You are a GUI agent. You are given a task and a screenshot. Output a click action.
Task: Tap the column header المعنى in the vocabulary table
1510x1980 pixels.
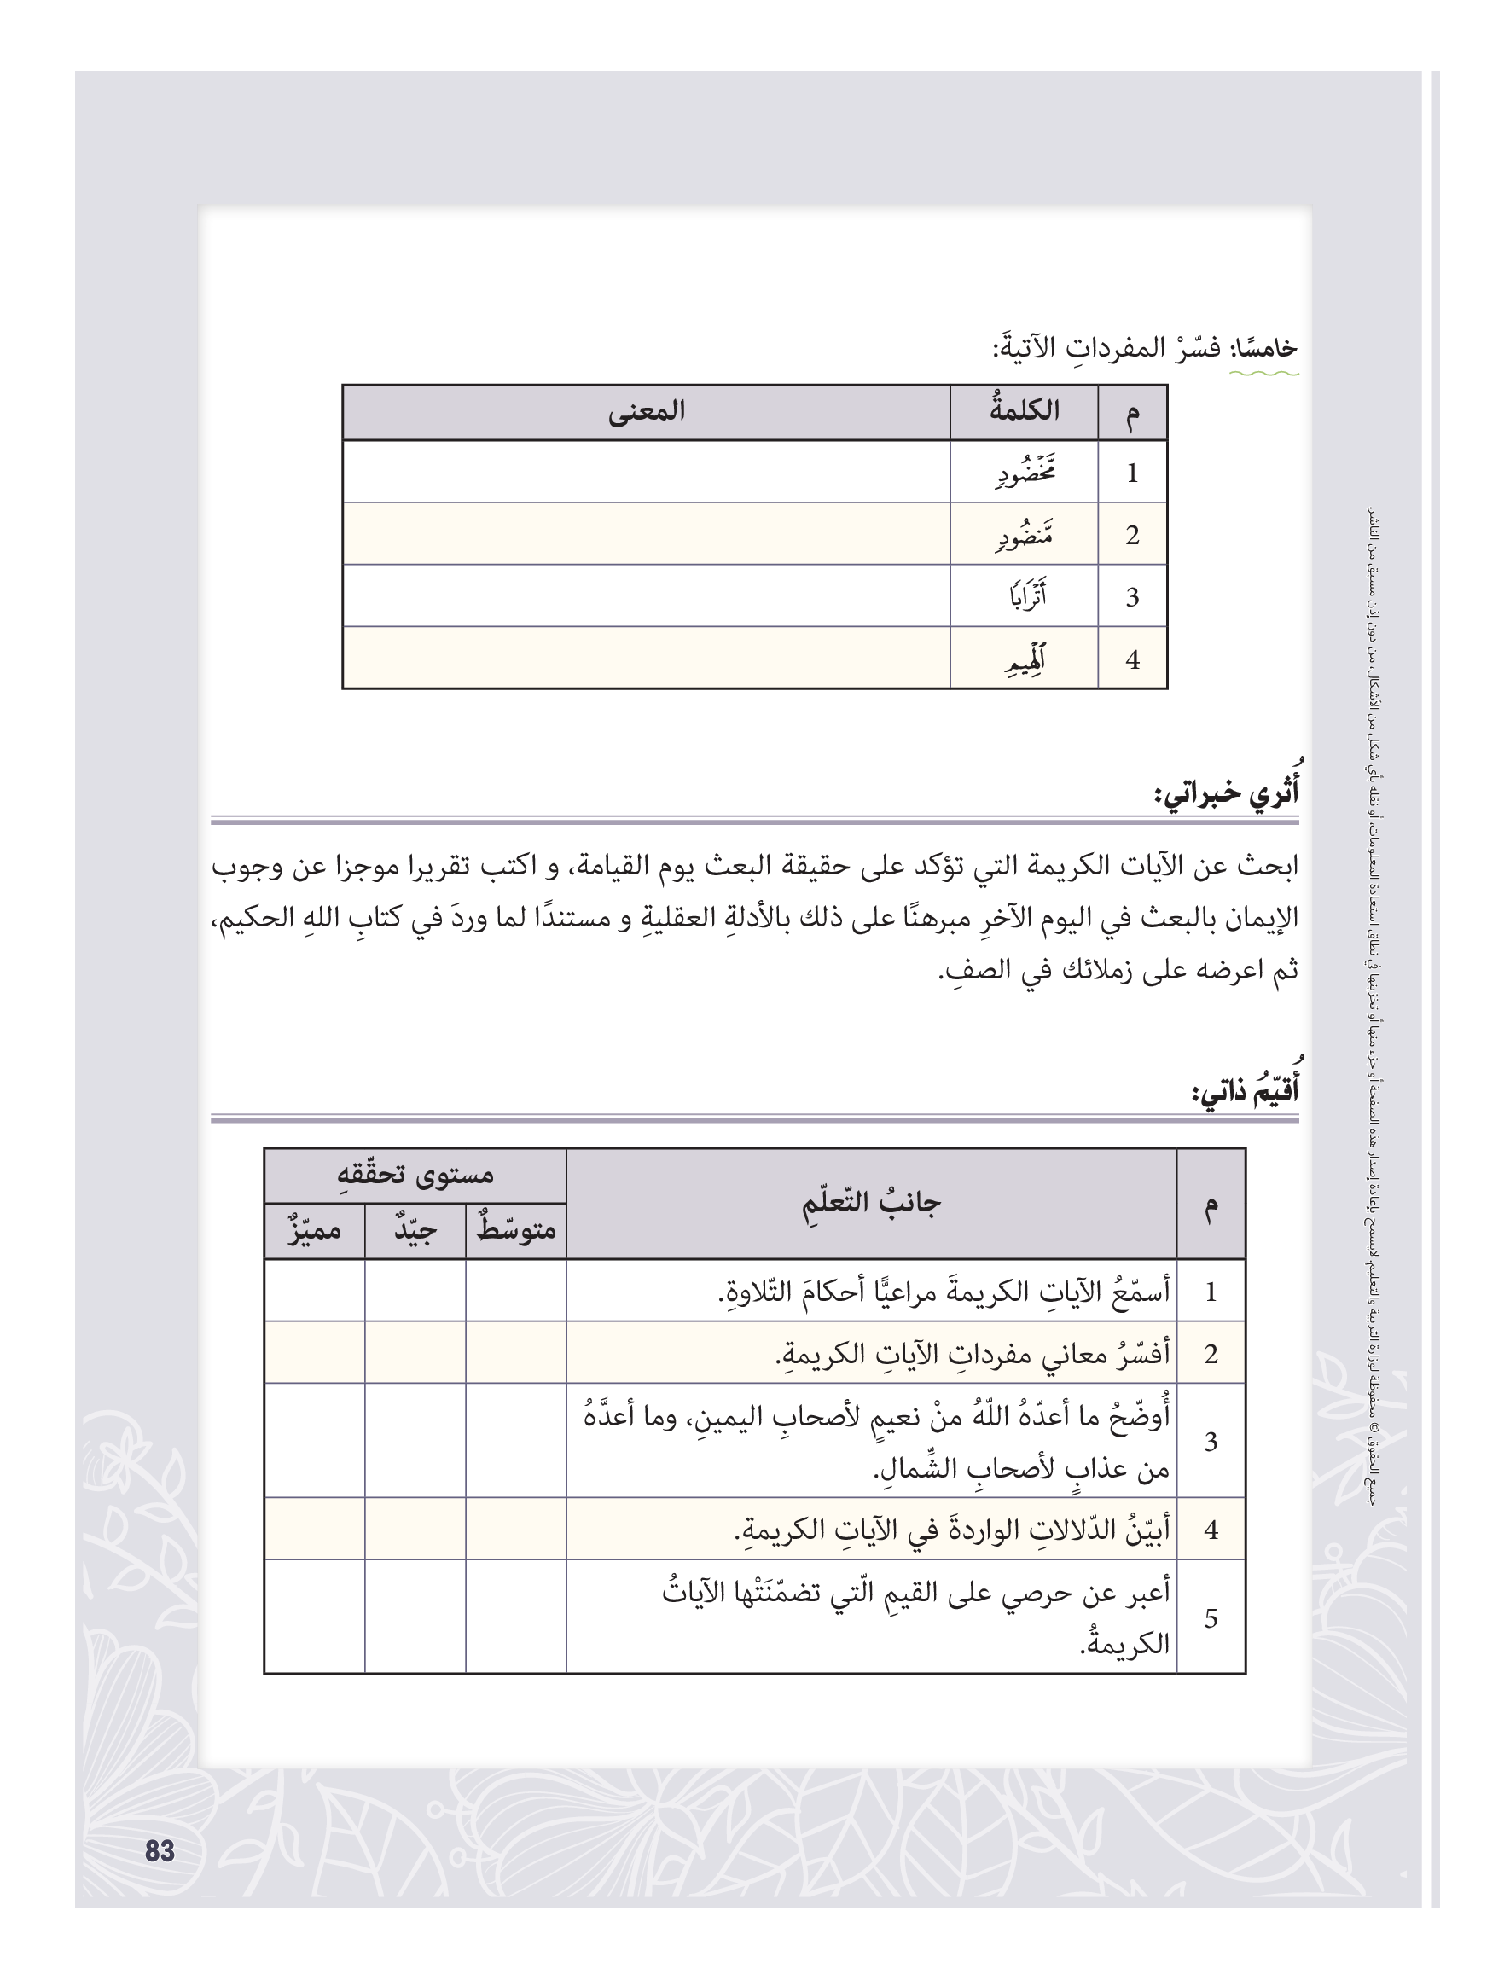coord(647,412)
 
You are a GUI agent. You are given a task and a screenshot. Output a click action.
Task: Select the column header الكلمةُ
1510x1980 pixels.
coord(1024,412)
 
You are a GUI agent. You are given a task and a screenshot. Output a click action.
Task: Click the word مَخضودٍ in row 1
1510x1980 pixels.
coord(1025,473)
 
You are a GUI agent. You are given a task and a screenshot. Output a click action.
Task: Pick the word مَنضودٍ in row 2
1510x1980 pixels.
coord(1025,536)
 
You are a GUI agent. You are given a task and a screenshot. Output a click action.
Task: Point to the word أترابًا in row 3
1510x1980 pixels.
coord(1026,597)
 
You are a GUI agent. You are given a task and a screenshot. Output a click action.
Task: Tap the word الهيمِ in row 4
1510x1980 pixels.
coord(1025,659)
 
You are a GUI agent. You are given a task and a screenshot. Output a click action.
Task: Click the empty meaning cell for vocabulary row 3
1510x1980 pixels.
coord(647,596)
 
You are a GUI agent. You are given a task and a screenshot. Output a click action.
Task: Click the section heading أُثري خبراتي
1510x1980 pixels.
coord(1226,793)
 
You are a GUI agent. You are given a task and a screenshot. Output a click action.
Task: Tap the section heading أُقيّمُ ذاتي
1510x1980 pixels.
coord(1245,1092)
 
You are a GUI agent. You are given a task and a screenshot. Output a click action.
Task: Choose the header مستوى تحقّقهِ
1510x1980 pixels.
coord(415,1175)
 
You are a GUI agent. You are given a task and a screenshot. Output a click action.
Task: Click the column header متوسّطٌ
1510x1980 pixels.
coord(516,1230)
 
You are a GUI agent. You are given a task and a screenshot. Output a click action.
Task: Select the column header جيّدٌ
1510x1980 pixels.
coord(415,1230)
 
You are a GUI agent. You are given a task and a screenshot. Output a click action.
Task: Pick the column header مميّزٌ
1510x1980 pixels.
coord(315,1230)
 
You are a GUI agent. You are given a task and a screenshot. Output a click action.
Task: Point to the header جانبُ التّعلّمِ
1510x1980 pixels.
coord(871,1204)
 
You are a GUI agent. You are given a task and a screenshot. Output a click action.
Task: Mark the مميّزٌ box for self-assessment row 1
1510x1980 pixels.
coord(315,1291)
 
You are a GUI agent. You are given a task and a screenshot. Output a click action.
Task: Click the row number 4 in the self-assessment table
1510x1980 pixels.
coord(1211,1529)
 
